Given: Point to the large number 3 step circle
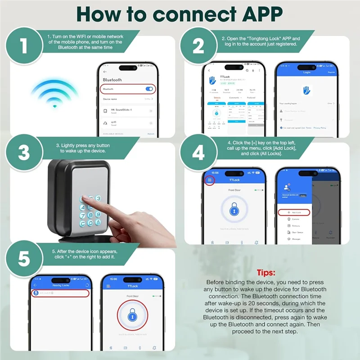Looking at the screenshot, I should [x=24, y=153].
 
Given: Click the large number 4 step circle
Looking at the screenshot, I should [x=198, y=153].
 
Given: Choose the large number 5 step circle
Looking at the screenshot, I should [x=24, y=260].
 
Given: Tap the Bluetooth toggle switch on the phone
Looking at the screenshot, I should [x=149, y=89].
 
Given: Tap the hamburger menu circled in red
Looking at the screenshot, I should [x=209, y=180].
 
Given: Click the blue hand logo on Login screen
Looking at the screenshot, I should [x=306, y=90].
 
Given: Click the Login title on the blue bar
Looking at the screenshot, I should [x=307, y=72].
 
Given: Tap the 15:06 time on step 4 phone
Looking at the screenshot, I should [x=215, y=172].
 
